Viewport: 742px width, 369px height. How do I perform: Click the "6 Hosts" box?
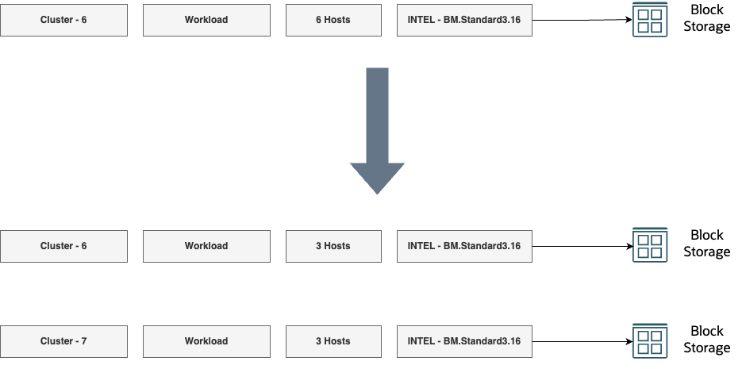[x=333, y=20]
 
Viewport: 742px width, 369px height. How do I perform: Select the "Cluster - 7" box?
[x=63, y=341]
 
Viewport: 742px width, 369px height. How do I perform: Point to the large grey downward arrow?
[x=377, y=131]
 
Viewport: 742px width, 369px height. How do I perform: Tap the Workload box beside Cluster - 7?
[x=206, y=341]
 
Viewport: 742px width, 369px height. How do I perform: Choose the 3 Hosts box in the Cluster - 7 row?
[x=333, y=341]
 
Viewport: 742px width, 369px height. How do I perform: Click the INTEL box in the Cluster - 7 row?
[x=464, y=341]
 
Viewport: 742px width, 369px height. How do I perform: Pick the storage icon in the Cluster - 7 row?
[x=650, y=340]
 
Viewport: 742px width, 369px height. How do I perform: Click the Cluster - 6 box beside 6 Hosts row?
[x=63, y=20]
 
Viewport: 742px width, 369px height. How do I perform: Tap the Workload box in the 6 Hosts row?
[x=206, y=20]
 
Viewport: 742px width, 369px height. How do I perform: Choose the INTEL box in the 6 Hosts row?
[x=464, y=20]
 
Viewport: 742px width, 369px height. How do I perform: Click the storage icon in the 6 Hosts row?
[x=650, y=19]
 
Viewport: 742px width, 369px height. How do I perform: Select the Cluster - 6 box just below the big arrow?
[x=63, y=246]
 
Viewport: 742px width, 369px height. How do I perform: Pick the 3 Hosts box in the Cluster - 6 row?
[x=333, y=246]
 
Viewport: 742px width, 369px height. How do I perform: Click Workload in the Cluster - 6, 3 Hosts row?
[x=206, y=246]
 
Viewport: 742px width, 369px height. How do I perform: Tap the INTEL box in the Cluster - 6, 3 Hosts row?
[x=464, y=246]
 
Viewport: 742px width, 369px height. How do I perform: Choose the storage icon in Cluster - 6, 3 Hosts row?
[x=650, y=245]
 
